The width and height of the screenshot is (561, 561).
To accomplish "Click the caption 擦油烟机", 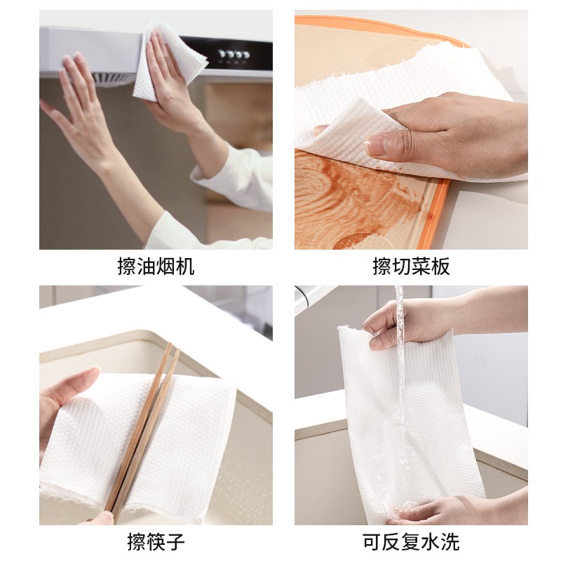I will [x=156, y=267].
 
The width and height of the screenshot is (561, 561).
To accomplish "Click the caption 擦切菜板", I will [x=410, y=267].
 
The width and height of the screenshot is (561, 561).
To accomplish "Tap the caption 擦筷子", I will [x=156, y=542].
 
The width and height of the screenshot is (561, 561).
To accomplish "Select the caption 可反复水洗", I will [x=410, y=542].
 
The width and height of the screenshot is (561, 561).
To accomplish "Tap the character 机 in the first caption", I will [x=185, y=267].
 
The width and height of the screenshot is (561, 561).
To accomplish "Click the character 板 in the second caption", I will [x=440, y=267].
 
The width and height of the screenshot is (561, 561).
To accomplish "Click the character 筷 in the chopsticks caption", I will [x=156, y=542].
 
